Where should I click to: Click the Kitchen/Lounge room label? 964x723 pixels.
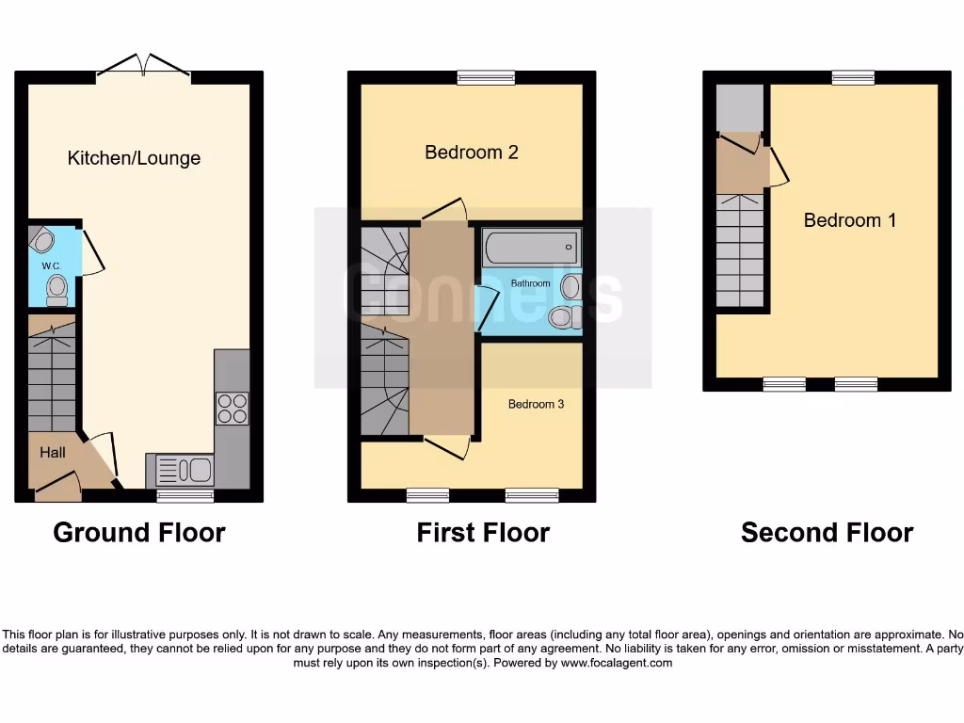point(134,158)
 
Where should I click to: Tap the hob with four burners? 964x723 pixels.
point(233,409)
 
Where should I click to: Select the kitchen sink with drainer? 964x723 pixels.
point(180,469)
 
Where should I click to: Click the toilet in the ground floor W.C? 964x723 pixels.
point(57,290)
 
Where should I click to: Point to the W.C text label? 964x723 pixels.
point(51,265)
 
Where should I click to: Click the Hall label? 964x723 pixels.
point(53,453)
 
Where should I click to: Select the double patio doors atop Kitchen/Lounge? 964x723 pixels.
point(143,66)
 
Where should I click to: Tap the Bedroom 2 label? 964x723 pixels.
point(472,153)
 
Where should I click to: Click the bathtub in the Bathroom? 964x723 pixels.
point(532,249)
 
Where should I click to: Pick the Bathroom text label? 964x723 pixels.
point(530,282)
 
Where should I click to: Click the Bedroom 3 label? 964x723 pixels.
point(536,404)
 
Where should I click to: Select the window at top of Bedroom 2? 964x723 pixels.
point(486,78)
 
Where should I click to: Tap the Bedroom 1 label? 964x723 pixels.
point(849,220)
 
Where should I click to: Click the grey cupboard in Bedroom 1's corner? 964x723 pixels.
point(739,107)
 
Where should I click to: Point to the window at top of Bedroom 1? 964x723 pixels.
point(852,78)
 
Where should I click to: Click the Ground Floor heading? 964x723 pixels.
point(139,533)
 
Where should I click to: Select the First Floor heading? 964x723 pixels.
point(483,533)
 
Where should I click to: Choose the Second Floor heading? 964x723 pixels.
point(827,533)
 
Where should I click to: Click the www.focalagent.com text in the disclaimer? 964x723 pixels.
point(617,663)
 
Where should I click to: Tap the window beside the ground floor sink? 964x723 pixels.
point(185,496)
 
